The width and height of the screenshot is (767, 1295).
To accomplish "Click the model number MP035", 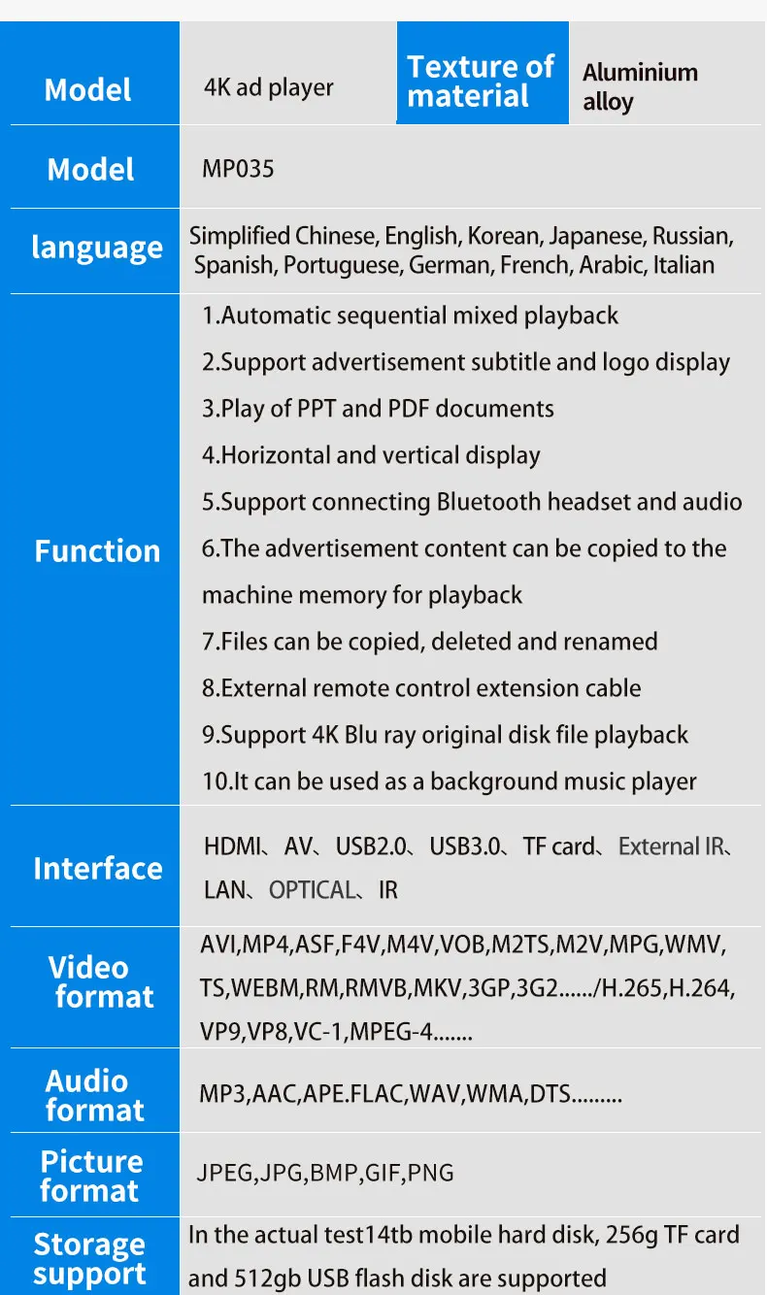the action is click(238, 169).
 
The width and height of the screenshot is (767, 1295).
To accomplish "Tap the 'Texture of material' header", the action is click(481, 82).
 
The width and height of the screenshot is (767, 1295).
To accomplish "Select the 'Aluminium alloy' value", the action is click(640, 86).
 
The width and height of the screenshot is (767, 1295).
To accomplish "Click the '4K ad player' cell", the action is click(269, 87).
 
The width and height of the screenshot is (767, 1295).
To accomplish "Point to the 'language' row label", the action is click(96, 249).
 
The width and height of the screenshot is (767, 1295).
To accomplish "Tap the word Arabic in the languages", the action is click(613, 265).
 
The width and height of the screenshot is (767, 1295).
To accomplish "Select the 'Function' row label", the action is click(97, 551).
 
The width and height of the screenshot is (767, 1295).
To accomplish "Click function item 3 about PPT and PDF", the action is click(378, 409).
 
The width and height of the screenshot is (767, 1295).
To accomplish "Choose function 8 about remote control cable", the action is click(421, 688).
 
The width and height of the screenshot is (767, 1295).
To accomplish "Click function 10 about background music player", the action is click(449, 781).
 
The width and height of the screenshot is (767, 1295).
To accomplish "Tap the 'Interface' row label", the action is click(97, 868).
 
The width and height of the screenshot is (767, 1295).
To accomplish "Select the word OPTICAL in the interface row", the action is click(312, 890).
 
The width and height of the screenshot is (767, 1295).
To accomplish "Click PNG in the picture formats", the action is click(431, 1173).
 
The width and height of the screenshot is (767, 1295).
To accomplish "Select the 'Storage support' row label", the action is click(89, 1259).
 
